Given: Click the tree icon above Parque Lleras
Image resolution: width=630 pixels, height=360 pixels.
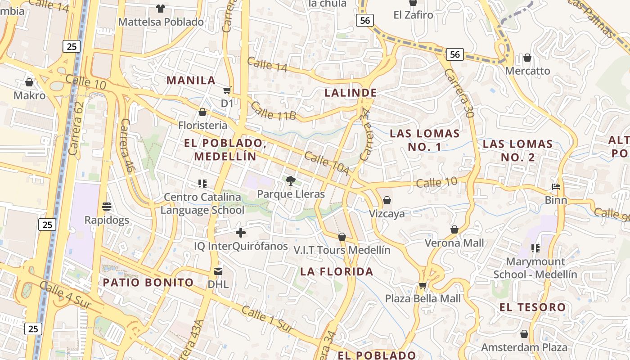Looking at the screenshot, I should [291, 181].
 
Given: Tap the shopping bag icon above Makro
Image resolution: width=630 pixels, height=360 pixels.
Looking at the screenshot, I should [29, 82].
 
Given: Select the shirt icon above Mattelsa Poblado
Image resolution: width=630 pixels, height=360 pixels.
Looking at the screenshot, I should [160, 8].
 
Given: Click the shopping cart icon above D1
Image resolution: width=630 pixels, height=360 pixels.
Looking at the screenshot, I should [227, 90].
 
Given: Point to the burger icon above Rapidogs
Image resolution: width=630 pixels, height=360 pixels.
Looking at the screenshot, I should [107, 207].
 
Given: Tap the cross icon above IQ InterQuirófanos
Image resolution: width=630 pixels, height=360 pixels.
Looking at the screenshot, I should [241, 233].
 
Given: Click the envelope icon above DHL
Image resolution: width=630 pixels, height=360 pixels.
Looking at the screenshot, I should [218, 271].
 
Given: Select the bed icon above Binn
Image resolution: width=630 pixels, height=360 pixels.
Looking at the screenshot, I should [556, 186].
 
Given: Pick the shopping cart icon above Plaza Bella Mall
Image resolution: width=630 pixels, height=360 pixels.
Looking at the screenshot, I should [423, 285].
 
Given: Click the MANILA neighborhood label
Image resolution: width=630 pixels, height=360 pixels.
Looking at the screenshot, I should [191, 81].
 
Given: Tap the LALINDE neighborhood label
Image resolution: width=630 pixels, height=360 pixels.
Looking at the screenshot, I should [351, 93].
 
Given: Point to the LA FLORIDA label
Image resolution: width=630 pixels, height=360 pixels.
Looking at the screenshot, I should [337, 272].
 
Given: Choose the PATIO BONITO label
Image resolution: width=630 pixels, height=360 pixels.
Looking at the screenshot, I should [148, 283].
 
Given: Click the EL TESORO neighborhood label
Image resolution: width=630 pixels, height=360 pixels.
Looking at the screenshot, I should [532, 307].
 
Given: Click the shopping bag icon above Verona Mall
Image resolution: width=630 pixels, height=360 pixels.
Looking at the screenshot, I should [454, 229].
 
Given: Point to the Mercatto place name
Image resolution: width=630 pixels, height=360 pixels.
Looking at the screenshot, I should [527, 71].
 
